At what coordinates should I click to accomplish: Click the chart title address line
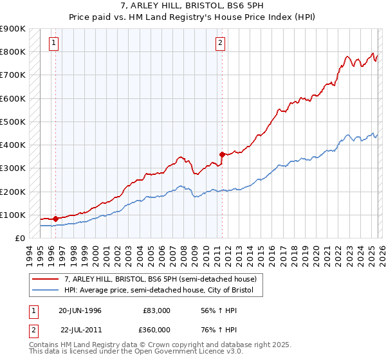[x=192, y=5]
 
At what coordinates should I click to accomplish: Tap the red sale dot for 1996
[x=55, y=219]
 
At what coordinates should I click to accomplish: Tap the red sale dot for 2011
[x=222, y=154]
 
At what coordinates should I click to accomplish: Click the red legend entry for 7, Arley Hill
[x=160, y=279]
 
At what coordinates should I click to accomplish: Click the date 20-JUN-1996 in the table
[x=80, y=310]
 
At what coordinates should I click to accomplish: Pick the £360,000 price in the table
[x=157, y=329]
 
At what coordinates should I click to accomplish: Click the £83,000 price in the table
[x=157, y=310]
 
